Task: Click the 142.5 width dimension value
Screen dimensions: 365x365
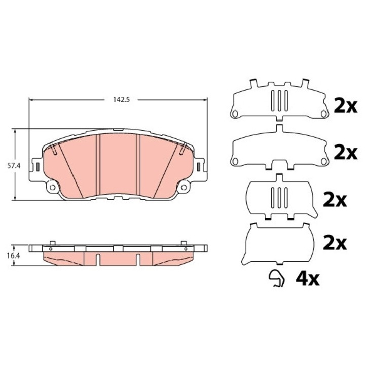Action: coord(121,100)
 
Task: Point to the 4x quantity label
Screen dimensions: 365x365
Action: coord(307,279)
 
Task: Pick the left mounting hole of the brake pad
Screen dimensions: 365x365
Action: coord(52,187)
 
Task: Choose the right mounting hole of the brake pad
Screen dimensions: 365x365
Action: coord(184,187)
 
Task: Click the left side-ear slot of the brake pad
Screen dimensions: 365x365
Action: coord(38,167)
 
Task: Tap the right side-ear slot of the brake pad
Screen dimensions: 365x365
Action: coord(199,167)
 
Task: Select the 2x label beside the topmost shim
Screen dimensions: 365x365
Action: coord(345,105)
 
